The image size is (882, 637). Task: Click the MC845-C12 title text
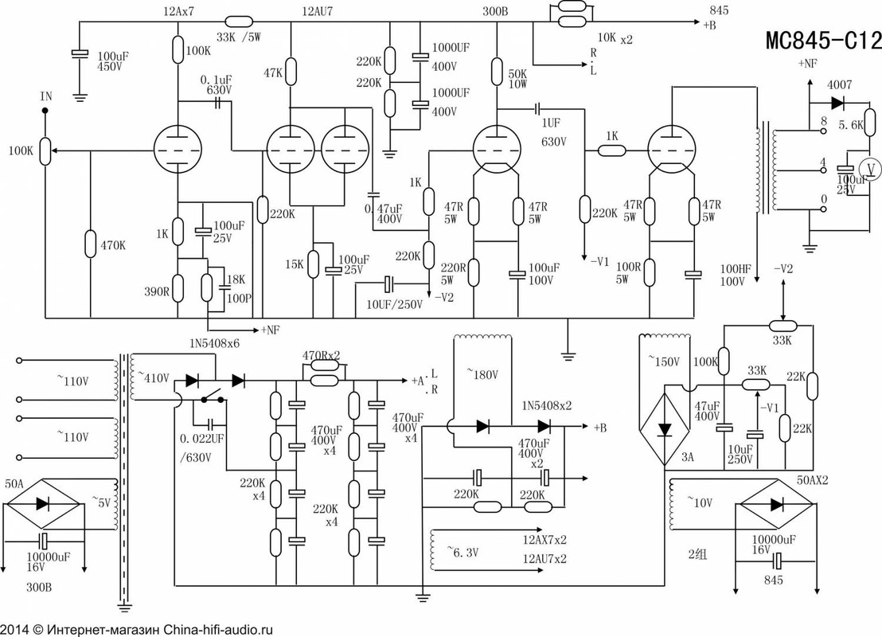[824, 40]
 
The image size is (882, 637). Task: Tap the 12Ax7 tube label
[178, 11]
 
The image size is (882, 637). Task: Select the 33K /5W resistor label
[239, 37]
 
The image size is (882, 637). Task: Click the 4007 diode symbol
[837, 103]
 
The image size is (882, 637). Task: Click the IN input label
[46, 97]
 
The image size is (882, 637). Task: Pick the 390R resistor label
[156, 291]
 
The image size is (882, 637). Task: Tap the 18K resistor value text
[235, 279]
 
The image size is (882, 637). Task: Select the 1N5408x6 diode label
[215, 343]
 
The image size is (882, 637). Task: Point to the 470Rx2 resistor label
[321, 356]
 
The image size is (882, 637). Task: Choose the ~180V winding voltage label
[482, 374]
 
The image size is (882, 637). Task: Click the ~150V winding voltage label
[664, 361]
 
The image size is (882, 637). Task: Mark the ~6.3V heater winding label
[462, 552]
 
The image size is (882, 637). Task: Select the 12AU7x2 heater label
[544, 558]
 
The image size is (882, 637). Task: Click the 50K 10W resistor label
[517, 79]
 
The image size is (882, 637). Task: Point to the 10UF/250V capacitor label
[394, 304]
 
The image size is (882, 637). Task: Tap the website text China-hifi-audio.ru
[218, 630]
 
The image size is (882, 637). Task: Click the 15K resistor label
[295, 264]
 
